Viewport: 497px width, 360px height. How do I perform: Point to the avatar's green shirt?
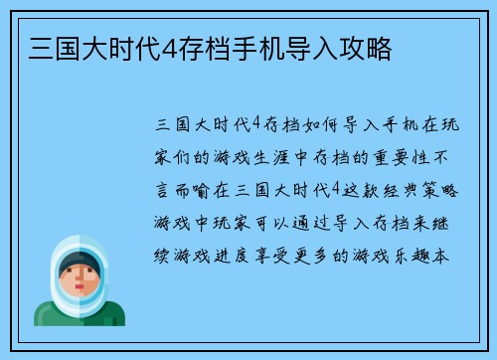[80, 316]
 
